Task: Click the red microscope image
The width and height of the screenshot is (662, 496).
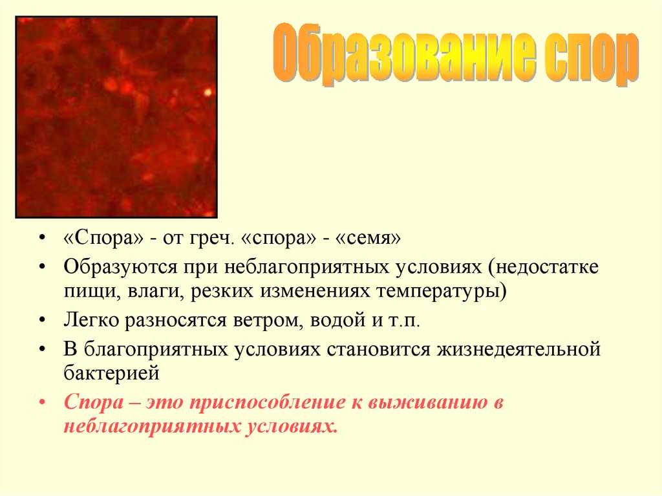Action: (x=116, y=117)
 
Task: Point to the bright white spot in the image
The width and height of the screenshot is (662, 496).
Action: (x=208, y=92)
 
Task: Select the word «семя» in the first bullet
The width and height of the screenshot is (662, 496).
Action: (x=367, y=238)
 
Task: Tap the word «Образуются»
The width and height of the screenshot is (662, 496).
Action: (x=120, y=268)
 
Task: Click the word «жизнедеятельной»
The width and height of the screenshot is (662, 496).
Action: (x=518, y=350)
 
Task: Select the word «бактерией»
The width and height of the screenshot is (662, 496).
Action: (x=111, y=372)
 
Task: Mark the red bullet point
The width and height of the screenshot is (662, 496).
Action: (x=41, y=402)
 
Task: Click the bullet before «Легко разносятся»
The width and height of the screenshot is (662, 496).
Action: (x=41, y=320)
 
